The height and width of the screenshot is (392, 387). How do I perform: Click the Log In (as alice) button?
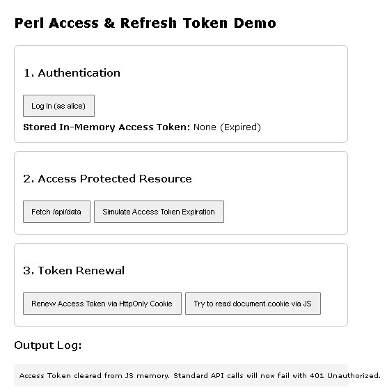pos(58,106)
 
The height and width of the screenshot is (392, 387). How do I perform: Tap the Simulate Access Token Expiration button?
pos(159,212)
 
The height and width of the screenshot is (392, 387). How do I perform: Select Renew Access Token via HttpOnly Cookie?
pos(102,304)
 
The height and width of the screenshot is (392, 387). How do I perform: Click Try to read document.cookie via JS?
pos(253,304)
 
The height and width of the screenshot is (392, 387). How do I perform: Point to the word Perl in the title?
pos(29,23)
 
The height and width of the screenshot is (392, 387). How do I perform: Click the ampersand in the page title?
pos(109,23)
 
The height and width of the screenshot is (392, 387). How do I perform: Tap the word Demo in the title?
pos(255,23)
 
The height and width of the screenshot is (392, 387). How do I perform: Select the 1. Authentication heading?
pos(72,72)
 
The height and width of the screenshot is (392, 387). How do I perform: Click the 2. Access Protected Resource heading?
pos(107,178)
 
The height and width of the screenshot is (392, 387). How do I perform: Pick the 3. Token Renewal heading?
pos(74,270)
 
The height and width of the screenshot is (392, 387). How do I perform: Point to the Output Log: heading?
pos(48,345)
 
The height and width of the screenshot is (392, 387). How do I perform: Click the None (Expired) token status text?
pos(227,127)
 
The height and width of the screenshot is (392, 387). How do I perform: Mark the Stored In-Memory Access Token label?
pos(106,127)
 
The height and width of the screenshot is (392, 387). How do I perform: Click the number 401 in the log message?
pos(317,375)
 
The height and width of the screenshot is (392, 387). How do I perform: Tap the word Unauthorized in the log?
pos(354,375)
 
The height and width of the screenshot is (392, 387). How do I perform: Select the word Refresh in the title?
pos(148,23)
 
